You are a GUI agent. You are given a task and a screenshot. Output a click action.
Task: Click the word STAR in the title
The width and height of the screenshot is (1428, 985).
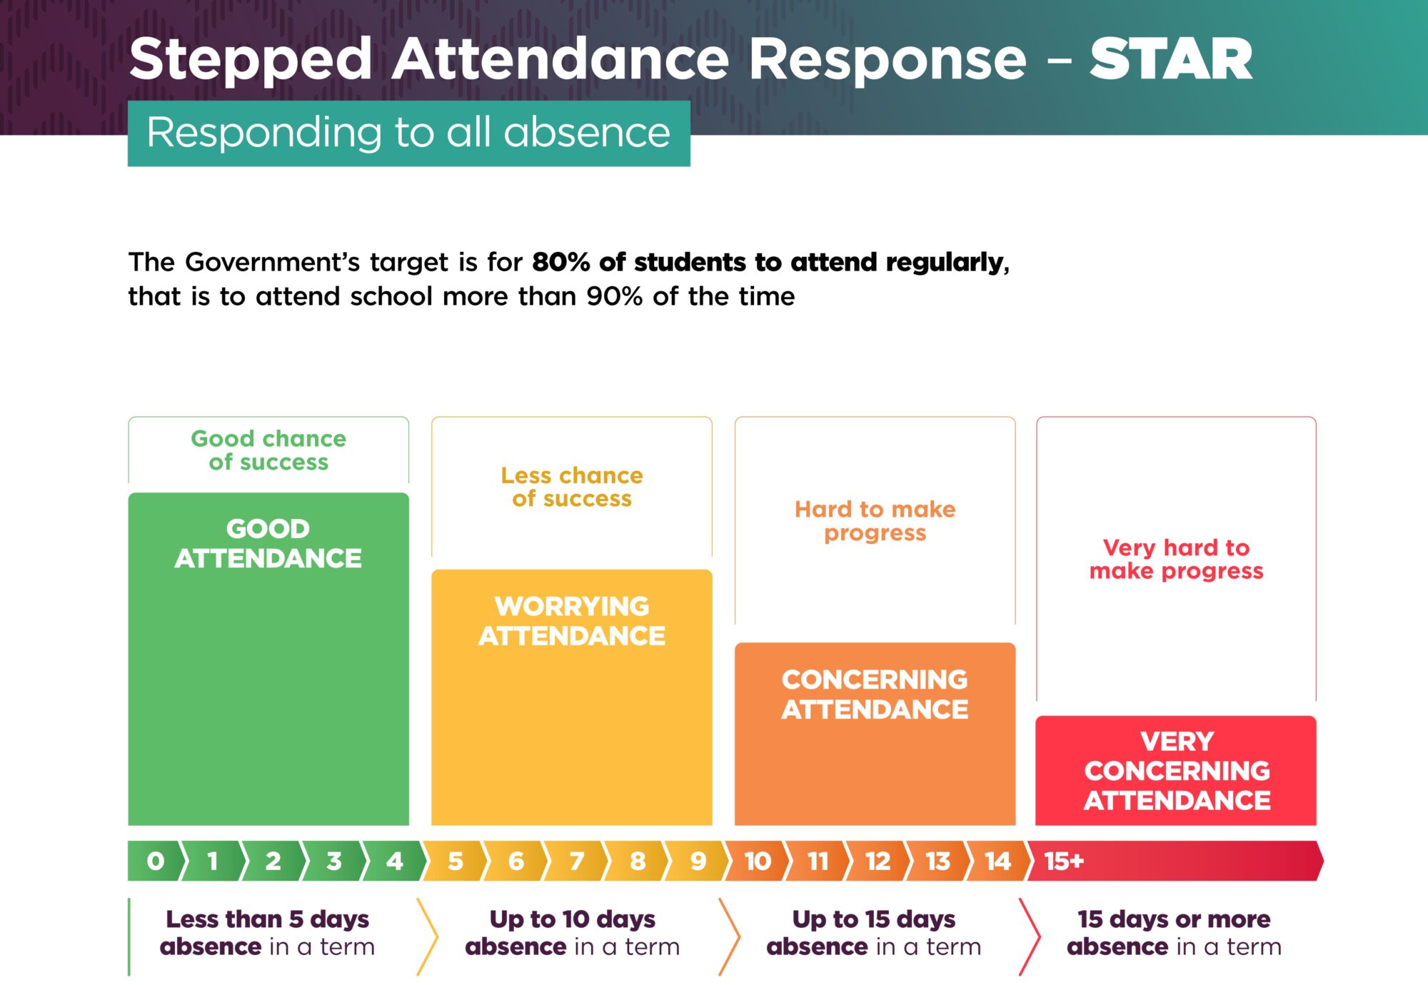(x=1171, y=59)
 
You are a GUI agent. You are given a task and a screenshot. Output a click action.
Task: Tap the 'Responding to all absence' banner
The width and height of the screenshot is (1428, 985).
(x=408, y=133)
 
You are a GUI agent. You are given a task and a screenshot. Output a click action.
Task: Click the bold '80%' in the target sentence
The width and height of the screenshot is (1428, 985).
(x=561, y=262)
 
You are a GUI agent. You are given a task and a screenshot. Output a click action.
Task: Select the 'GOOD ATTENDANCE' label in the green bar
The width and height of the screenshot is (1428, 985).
(x=268, y=544)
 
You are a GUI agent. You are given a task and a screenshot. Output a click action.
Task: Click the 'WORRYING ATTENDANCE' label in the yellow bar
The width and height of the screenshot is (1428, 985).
(x=572, y=621)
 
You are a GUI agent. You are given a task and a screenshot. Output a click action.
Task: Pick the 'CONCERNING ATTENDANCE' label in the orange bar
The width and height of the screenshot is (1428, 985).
(x=875, y=694)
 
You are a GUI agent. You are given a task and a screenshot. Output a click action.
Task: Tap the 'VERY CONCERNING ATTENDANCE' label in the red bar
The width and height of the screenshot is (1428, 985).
(x=1177, y=771)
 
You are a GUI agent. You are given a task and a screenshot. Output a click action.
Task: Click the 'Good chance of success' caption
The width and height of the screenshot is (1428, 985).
(x=268, y=450)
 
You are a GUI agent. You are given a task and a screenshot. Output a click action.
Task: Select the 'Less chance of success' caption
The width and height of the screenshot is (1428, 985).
(x=572, y=487)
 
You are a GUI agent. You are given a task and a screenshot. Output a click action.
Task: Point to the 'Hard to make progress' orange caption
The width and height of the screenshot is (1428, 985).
(x=875, y=521)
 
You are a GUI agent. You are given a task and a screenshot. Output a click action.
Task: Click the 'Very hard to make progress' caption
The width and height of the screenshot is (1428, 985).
(x=1176, y=560)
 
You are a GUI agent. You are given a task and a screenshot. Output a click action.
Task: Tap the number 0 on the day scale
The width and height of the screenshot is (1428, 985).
(x=155, y=862)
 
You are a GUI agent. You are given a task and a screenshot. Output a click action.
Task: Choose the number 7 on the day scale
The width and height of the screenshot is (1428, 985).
(x=577, y=862)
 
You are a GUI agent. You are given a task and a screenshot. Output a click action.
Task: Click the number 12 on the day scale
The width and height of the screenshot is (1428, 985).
(x=878, y=862)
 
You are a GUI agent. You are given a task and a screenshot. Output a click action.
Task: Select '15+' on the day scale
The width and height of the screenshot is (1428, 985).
(x=1064, y=862)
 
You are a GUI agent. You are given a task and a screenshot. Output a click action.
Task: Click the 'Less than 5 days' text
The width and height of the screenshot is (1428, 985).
(x=268, y=919)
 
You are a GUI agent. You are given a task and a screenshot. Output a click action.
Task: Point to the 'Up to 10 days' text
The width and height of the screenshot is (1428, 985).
(x=572, y=919)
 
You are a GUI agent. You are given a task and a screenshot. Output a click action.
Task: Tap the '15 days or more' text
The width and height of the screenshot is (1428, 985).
(x=1174, y=919)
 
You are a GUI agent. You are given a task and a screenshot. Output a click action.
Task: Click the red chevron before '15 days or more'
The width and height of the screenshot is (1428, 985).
(x=1030, y=936)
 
